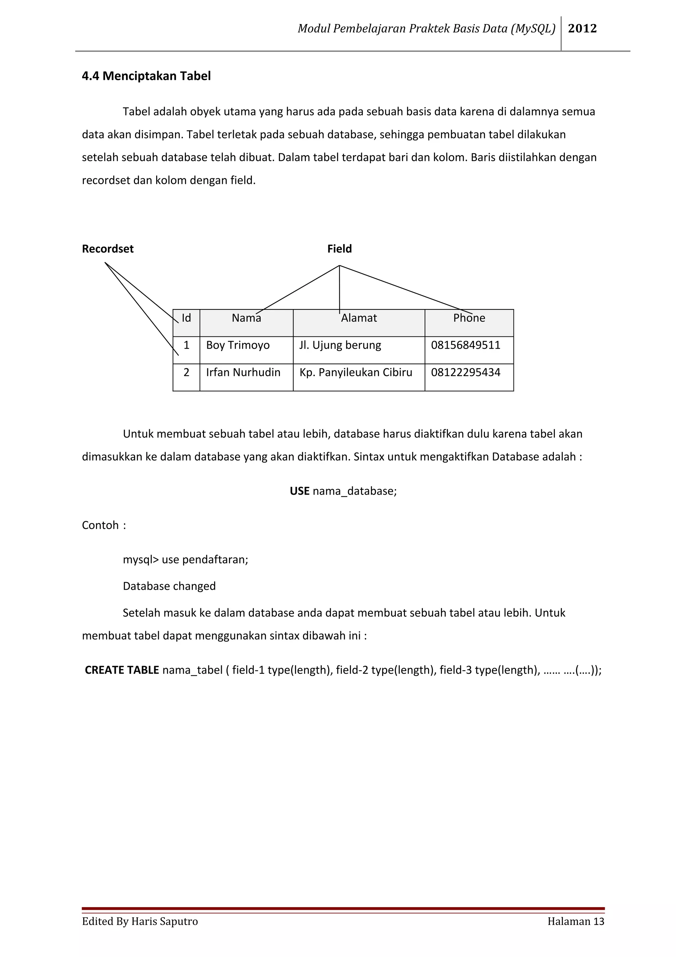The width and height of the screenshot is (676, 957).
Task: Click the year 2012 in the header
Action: coord(582,28)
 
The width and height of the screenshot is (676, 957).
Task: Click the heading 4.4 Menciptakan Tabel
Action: coord(146,76)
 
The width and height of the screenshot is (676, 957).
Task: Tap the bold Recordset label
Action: coord(108,249)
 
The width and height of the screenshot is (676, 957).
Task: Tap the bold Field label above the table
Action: coord(339,249)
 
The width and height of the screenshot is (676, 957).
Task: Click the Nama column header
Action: coord(246,318)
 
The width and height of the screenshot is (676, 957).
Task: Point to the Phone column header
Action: coord(469,318)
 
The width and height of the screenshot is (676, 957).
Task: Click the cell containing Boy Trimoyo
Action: coord(238,345)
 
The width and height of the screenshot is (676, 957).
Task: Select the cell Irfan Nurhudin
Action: coord(243,372)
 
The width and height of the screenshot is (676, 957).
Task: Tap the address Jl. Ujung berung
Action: coord(340,345)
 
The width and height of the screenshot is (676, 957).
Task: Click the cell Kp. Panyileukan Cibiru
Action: coord(356,372)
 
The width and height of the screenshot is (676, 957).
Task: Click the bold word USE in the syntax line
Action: coord(299,491)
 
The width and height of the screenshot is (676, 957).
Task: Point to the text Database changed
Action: coord(169,586)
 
